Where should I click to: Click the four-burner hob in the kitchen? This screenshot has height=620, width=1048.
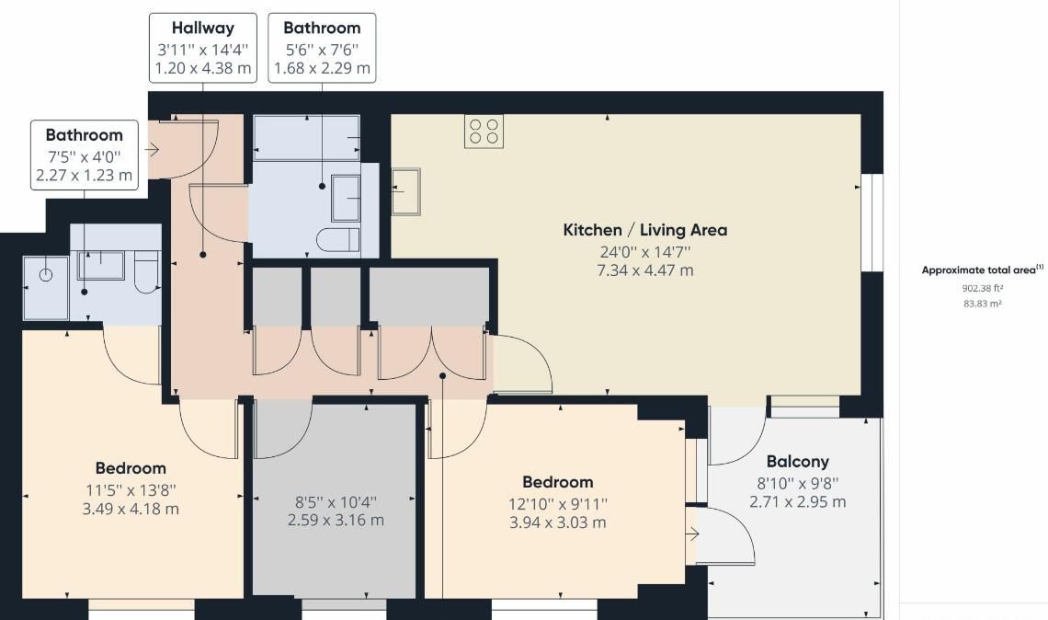484,131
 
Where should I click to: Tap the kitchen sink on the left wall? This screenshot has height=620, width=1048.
405,191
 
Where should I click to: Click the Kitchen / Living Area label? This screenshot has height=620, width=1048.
644,230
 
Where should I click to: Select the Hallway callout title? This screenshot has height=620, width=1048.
202,29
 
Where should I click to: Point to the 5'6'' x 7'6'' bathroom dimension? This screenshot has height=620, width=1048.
322,49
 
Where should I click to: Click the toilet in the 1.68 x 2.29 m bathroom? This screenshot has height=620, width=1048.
337,241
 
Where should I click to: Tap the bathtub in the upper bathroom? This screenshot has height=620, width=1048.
306,138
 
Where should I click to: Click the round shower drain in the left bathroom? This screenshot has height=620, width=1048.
45,274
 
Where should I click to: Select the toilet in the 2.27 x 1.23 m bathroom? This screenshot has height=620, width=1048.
147,272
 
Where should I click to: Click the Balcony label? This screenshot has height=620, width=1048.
797,462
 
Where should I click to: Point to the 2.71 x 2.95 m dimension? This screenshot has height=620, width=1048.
797,502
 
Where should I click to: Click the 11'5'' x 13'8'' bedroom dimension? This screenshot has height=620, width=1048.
130,489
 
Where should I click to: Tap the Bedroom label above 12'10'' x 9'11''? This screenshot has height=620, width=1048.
557,482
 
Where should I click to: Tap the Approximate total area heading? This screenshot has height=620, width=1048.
980,270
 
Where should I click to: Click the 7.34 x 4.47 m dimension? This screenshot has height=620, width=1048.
644,270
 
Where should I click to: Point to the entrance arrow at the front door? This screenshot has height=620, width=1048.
153,148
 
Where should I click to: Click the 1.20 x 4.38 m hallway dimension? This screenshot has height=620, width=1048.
202,68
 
